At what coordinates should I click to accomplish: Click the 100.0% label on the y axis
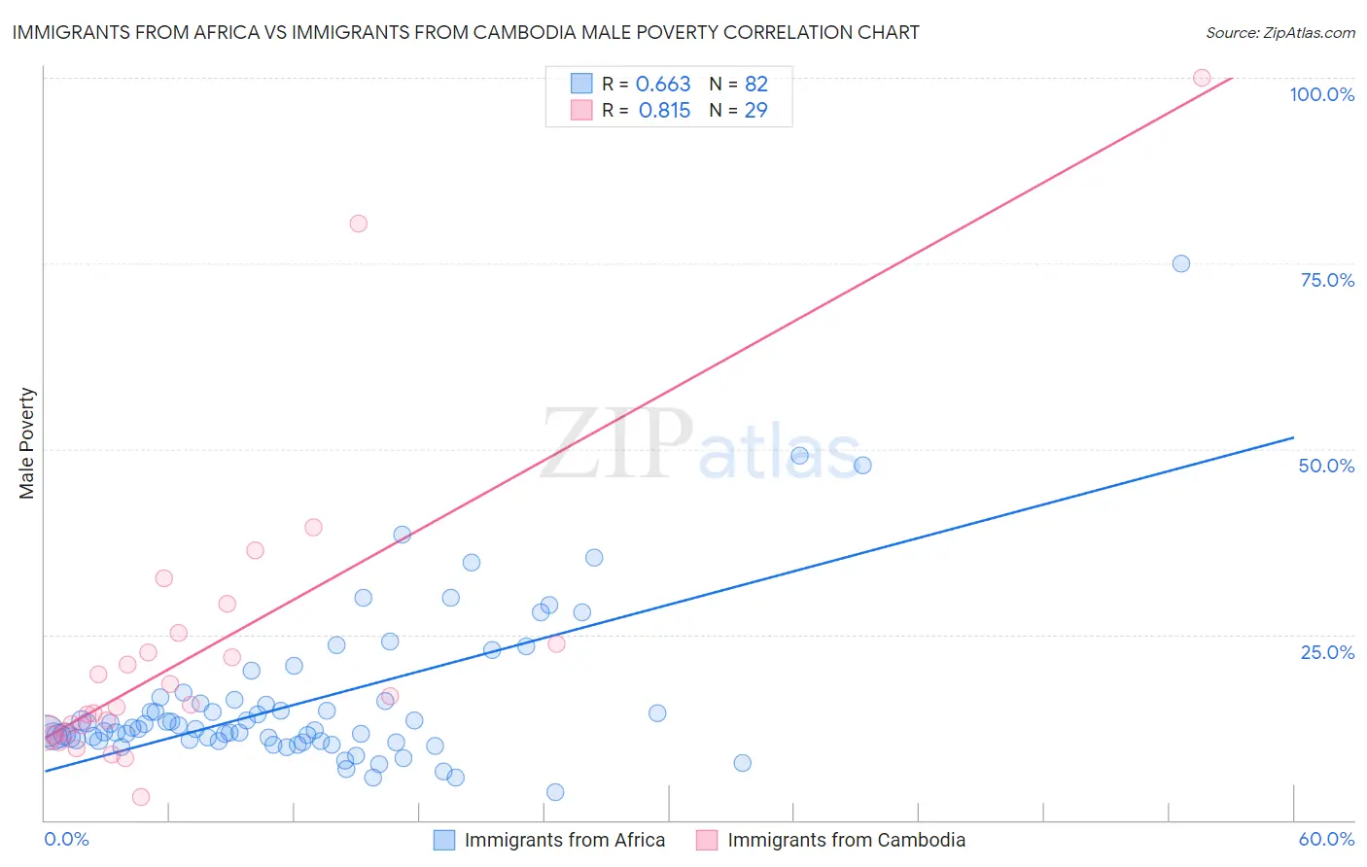point(1321,94)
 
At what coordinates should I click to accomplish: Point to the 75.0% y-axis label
point(1327,280)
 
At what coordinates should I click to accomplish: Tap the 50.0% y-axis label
point(1326,466)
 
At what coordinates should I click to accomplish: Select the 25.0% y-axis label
point(1327,652)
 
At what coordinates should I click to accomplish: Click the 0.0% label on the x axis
point(66,839)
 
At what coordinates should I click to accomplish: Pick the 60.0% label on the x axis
point(1326,839)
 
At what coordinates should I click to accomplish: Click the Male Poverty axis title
point(27,443)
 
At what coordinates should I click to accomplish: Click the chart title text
point(466,32)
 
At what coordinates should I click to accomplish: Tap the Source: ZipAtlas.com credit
point(1279,32)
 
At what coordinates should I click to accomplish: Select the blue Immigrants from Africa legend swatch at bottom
point(444,840)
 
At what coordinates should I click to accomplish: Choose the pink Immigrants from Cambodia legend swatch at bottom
point(707,840)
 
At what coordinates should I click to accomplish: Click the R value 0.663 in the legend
point(663,85)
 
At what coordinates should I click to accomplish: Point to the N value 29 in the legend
point(755,111)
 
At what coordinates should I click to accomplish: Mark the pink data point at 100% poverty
point(1202,78)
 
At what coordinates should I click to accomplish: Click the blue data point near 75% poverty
point(1181,263)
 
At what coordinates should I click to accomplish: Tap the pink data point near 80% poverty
point(359,224)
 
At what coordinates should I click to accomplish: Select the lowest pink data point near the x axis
point(141,797)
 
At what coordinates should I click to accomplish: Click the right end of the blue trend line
point(1293,437)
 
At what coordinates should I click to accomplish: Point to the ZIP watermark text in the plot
point(616,443)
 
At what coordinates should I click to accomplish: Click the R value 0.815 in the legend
point(664,111)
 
